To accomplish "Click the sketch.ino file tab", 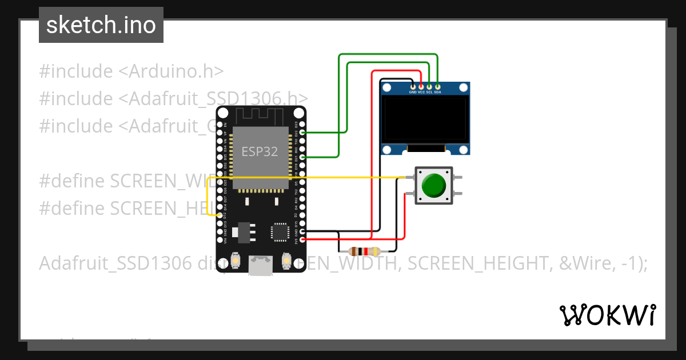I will [101, 25].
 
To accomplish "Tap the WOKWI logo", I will [607, 315].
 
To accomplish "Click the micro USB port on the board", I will [261, 266].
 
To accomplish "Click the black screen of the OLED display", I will [426, 119].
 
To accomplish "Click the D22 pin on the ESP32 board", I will [302, 132].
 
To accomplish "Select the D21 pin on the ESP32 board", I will [302, 157].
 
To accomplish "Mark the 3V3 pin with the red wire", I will [302, 239].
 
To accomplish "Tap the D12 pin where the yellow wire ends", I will [220, 215].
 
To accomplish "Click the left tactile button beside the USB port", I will [236, 262].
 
